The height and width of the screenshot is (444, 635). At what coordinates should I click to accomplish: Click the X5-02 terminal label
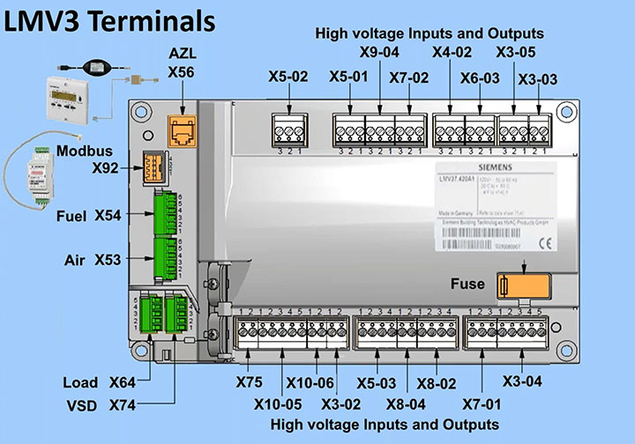tap(288, 78)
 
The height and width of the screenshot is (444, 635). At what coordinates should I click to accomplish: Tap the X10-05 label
tap(279, 405)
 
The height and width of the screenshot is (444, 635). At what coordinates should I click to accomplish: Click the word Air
tap(76, 260)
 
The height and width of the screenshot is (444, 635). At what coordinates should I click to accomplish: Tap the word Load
tap(80, 383)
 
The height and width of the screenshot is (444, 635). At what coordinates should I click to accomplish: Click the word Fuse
tap(467, 284)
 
